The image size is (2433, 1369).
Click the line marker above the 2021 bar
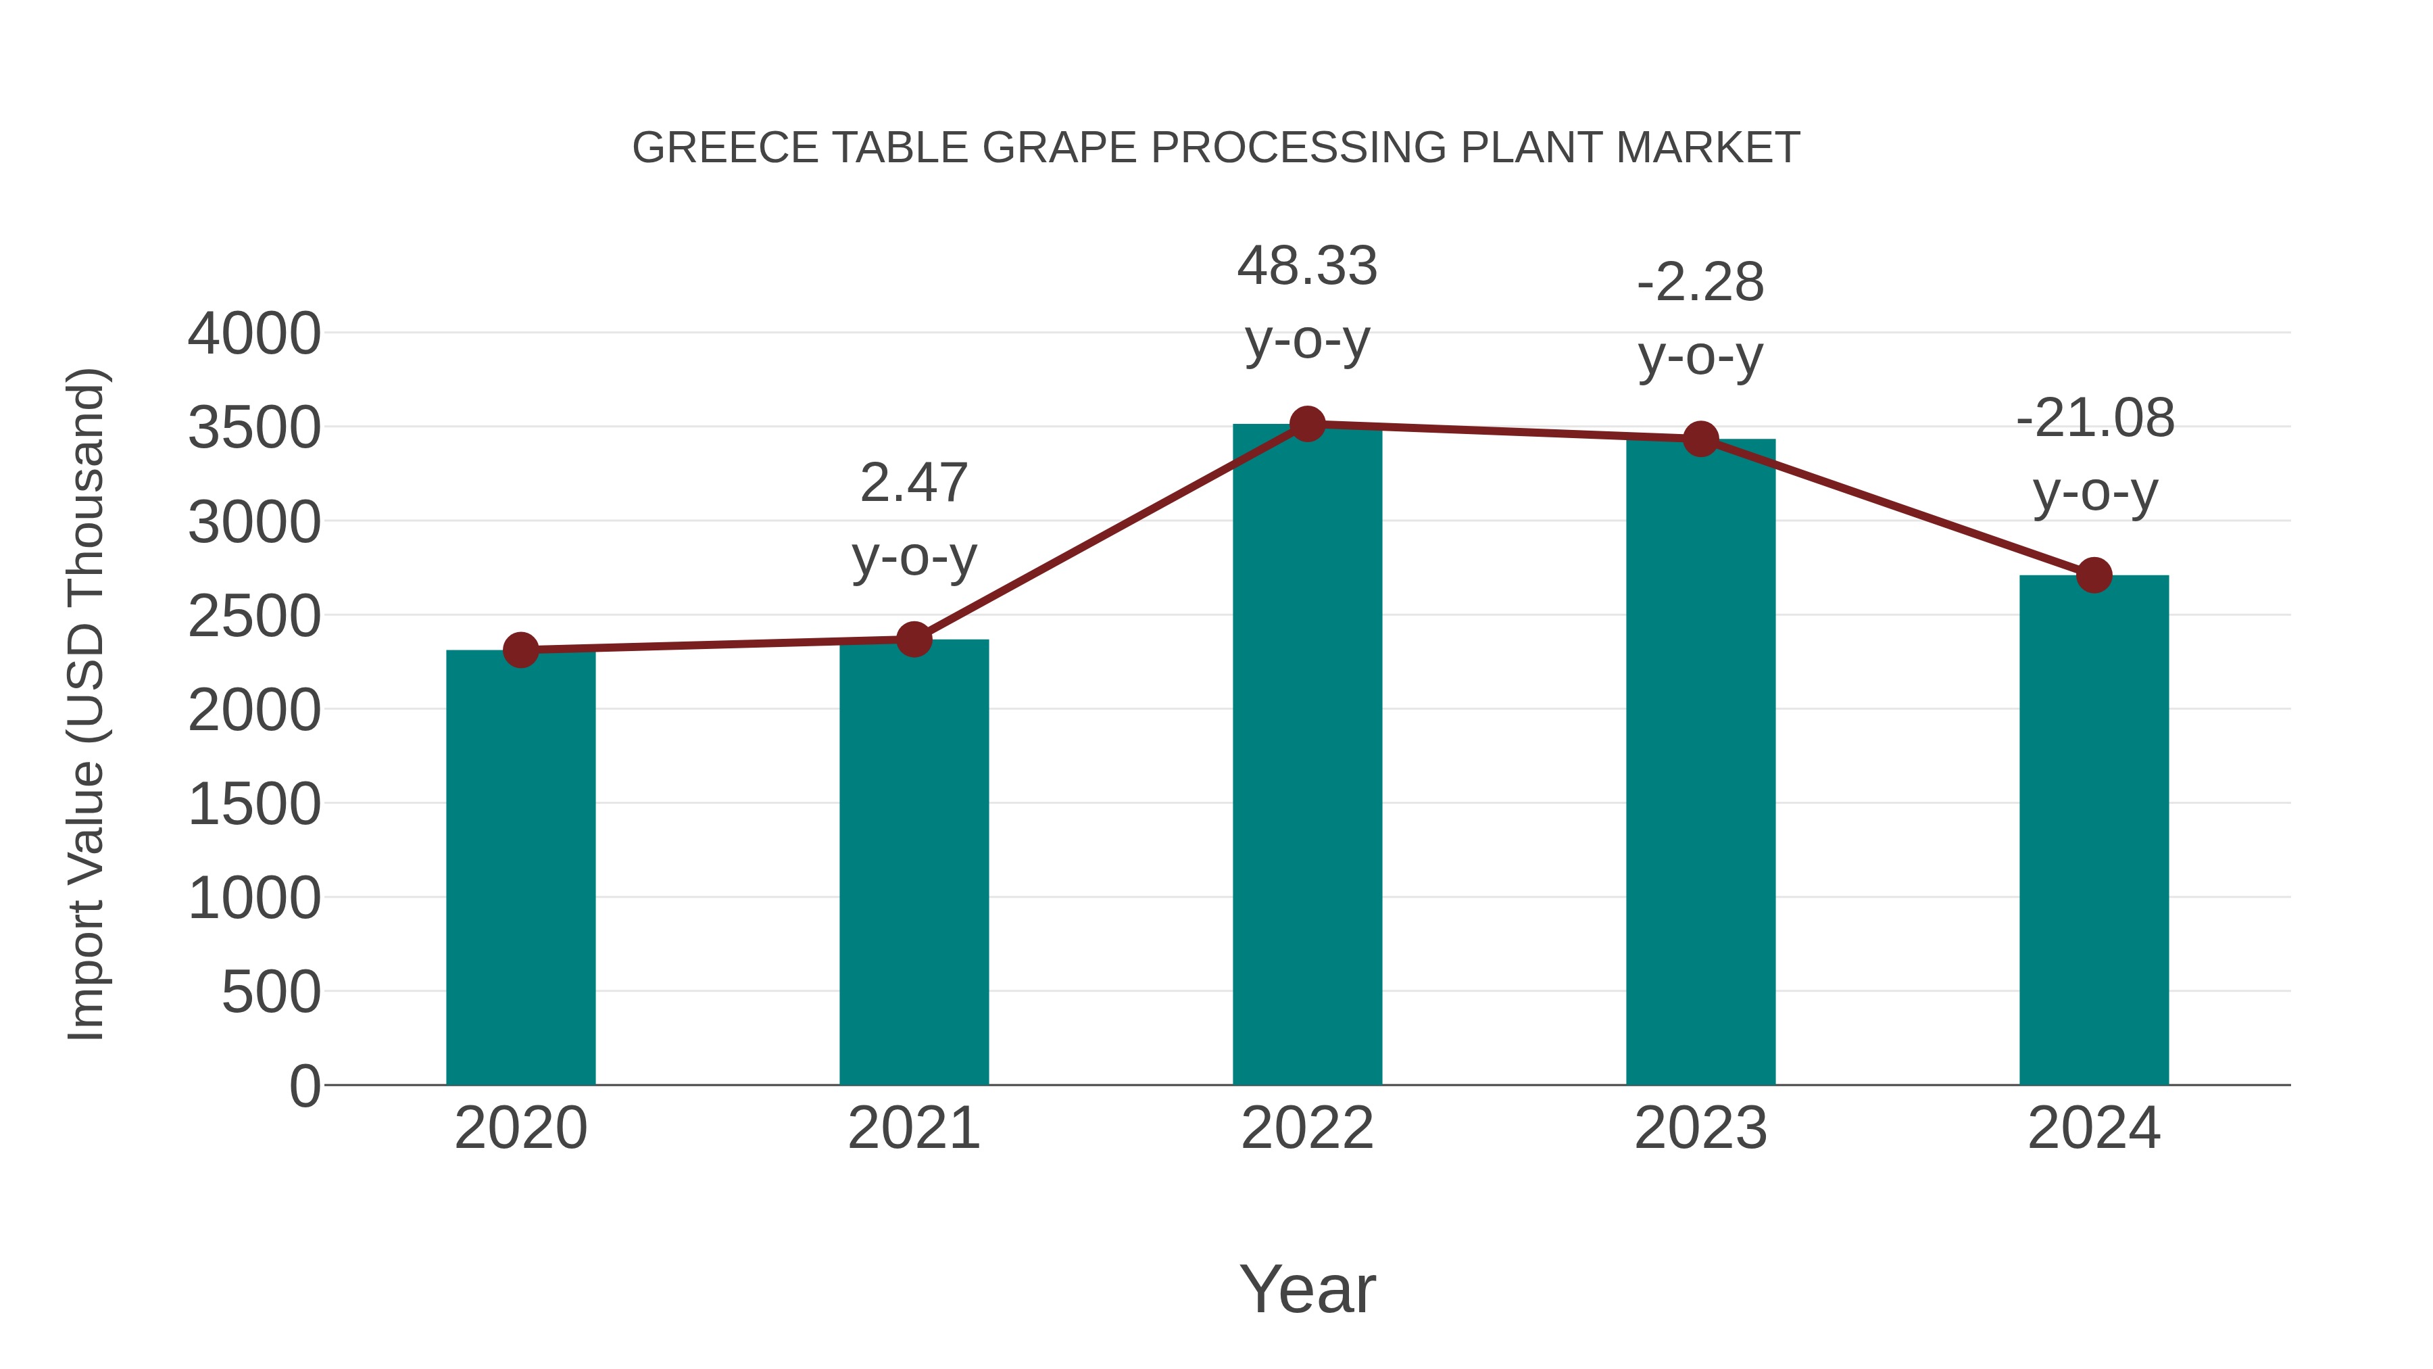tap(913, 640)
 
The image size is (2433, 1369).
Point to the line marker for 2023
tap(1700, 438)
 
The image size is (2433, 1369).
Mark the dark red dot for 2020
tap(520, 650)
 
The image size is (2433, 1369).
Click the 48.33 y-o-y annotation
tap(1307, 302)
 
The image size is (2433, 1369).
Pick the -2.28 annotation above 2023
tap(1700, 318)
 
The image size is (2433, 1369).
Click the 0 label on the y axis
tap(304, 1086)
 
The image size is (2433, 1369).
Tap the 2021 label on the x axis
tap(913, 1128)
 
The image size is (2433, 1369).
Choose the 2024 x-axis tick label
tap(2094, 1128)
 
